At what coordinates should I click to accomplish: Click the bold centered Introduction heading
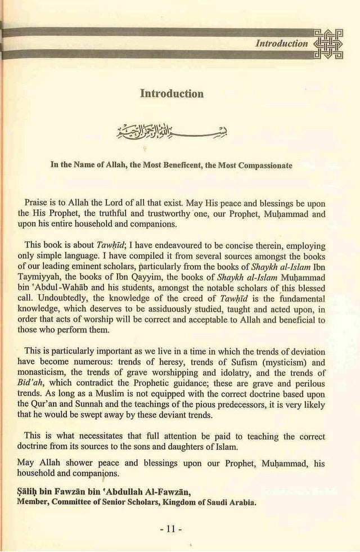click(172, 93)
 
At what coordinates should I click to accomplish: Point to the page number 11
click(180, 529)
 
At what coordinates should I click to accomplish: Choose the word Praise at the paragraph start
click(37, 201)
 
